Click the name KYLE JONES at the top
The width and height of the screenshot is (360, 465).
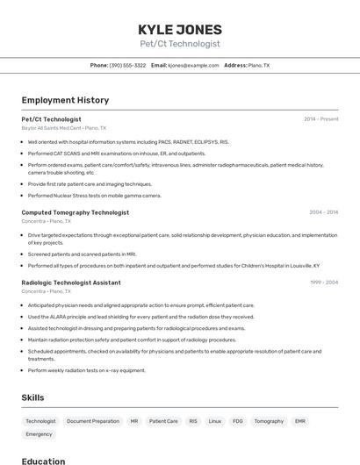click(x=180, y=29)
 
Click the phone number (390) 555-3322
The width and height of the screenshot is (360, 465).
click(x=127, y=66)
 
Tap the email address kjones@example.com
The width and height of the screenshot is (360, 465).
click(x=192, y=66)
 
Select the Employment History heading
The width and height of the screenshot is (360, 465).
click(x=65, y=100)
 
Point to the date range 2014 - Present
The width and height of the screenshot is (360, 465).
click(x=320, y=118)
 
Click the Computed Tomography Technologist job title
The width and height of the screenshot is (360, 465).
click(x=75, y=212)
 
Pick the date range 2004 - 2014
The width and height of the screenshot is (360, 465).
click(x=323, y=212)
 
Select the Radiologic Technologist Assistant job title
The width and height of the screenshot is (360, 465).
click(x=71, y=283)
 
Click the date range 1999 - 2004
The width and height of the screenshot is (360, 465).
click(x=323, y=283)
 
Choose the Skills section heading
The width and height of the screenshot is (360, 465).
click(x=32, y=397)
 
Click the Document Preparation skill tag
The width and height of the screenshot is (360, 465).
click(x=93, y=421)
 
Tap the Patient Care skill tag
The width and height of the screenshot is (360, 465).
click(x=163, y=421)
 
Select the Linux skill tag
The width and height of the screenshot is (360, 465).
click(x=214, y=421)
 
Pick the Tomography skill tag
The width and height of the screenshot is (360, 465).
click(x=269, y=421)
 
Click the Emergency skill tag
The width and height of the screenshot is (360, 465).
click(x=39, y=434)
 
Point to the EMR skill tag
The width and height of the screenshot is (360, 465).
click(x=300, y=421)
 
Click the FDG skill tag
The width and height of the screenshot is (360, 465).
click(x=238, y=421)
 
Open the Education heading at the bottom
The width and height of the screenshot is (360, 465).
click(x=43, y=461)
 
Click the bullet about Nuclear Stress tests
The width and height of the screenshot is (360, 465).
click(x=95, y=196)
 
